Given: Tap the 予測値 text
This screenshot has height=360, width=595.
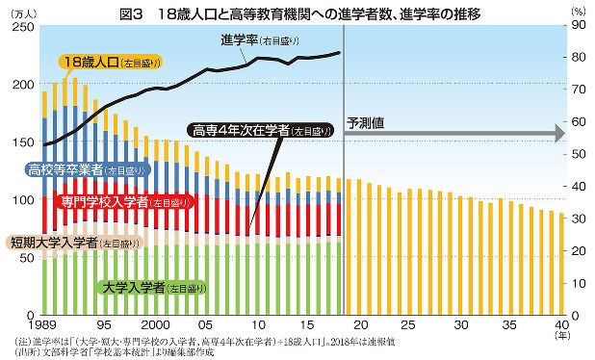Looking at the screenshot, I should [x=365, y=123].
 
